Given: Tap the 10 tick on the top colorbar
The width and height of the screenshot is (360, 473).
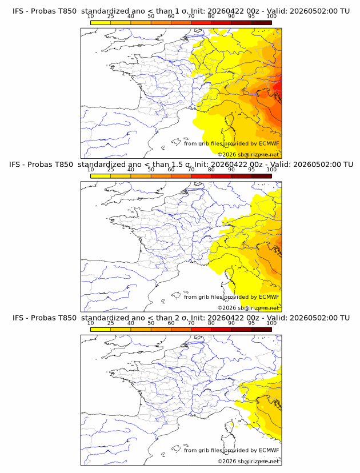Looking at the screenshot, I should coord(91,17).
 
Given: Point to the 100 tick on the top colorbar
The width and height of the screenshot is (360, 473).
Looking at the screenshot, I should coord(271,17).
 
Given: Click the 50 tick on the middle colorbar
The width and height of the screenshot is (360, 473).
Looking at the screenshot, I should coord(151,170).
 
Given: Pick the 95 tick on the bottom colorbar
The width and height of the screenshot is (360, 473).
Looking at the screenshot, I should coord(251,323).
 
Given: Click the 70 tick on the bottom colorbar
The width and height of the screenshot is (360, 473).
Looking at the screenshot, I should coord(191,323).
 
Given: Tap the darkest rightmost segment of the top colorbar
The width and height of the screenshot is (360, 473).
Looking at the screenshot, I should coord(261,22).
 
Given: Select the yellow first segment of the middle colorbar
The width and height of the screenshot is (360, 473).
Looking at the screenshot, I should coord(101,175).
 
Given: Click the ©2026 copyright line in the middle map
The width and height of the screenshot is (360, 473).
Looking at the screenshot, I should coord(249,308).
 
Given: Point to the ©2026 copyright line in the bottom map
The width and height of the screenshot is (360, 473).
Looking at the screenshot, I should coord(249,461).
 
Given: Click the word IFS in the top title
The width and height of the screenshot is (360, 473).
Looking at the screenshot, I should coord(18,11).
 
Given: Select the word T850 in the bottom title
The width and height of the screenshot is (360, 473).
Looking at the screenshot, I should coord(66,318).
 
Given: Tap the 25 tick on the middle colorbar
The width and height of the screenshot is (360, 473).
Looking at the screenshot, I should coord(111,170).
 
